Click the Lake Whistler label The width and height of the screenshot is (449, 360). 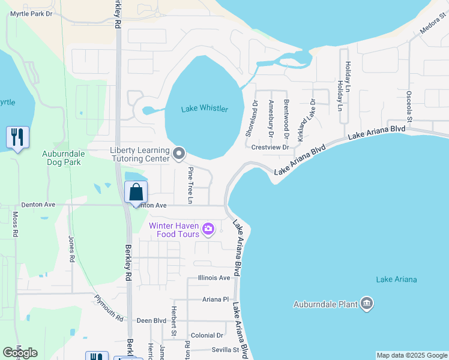(205, 109)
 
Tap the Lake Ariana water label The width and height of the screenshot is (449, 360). (396, 280)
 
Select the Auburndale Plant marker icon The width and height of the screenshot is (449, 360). (367, 304)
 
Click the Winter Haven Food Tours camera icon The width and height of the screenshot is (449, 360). (208, 228)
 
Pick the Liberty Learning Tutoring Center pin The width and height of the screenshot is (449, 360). (179, 154)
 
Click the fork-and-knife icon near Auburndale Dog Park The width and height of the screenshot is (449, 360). (17, 137)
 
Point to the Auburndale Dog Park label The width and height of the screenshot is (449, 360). (63, 158)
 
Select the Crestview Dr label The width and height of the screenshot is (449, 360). (271, 147)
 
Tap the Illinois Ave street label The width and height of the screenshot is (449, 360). (214, 278)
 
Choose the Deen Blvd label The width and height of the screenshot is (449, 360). (151, 321)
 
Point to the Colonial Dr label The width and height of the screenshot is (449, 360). (207, 335)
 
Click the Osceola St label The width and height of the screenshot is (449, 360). (409, 106)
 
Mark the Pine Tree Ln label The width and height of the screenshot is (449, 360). (190, 184)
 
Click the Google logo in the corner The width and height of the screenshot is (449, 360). (20, 353)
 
